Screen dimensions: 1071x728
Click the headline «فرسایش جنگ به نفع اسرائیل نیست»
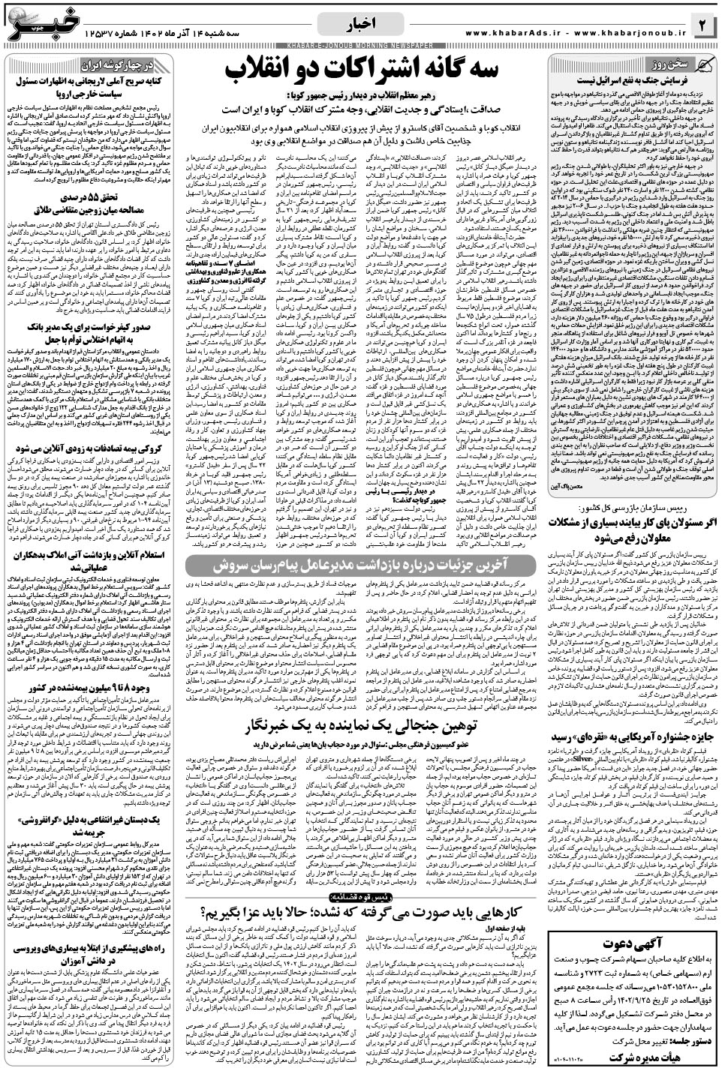click(630, 78)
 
